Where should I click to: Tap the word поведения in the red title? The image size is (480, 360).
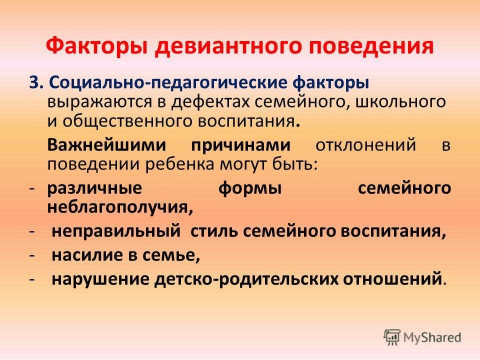pos(371,46)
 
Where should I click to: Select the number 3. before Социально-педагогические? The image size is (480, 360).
pos(37,82)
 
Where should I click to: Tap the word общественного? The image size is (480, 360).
pos(128,121)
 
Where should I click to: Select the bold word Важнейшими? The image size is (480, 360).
pos(106,144)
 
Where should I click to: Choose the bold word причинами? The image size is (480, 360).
pos(240,145)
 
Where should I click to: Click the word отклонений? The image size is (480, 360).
pos(366,145)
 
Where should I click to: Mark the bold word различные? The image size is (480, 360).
pos(94,188)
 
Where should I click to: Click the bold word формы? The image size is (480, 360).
pos(250,188)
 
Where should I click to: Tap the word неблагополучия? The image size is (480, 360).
pos(120,207)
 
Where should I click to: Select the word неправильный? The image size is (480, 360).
pos(116,231)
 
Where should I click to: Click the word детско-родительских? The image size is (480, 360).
pos(246,279)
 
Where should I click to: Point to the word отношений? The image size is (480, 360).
pos(392,279)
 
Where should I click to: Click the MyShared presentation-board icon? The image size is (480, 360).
pos(392,337)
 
